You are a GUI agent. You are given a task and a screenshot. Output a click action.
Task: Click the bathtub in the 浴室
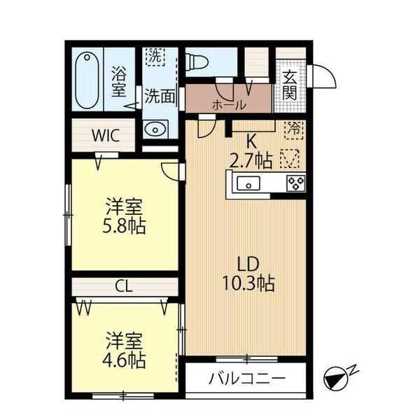point(87,78)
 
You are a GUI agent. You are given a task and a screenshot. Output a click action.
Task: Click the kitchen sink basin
point(248,183)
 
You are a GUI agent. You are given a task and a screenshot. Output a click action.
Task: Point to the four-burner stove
point(295,183)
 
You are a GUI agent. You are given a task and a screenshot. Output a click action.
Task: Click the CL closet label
point(125,286)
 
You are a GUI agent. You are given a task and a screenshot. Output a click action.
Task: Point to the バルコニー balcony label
point(247,379)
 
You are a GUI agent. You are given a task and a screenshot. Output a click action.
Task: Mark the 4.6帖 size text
point(125,361)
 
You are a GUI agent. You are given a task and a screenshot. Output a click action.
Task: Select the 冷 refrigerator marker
point(294,128)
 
